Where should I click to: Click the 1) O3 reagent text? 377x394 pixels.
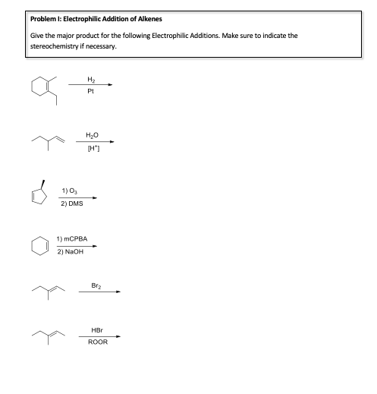click(x=72, y=190)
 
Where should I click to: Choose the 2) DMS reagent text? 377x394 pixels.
click(x=73, y=203)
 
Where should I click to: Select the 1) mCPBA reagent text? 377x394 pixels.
click(x=73, y=239)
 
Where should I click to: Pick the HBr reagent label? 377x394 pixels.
click(x=98, y=329)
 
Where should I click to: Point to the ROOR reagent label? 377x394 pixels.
click(x=98, y=342)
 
